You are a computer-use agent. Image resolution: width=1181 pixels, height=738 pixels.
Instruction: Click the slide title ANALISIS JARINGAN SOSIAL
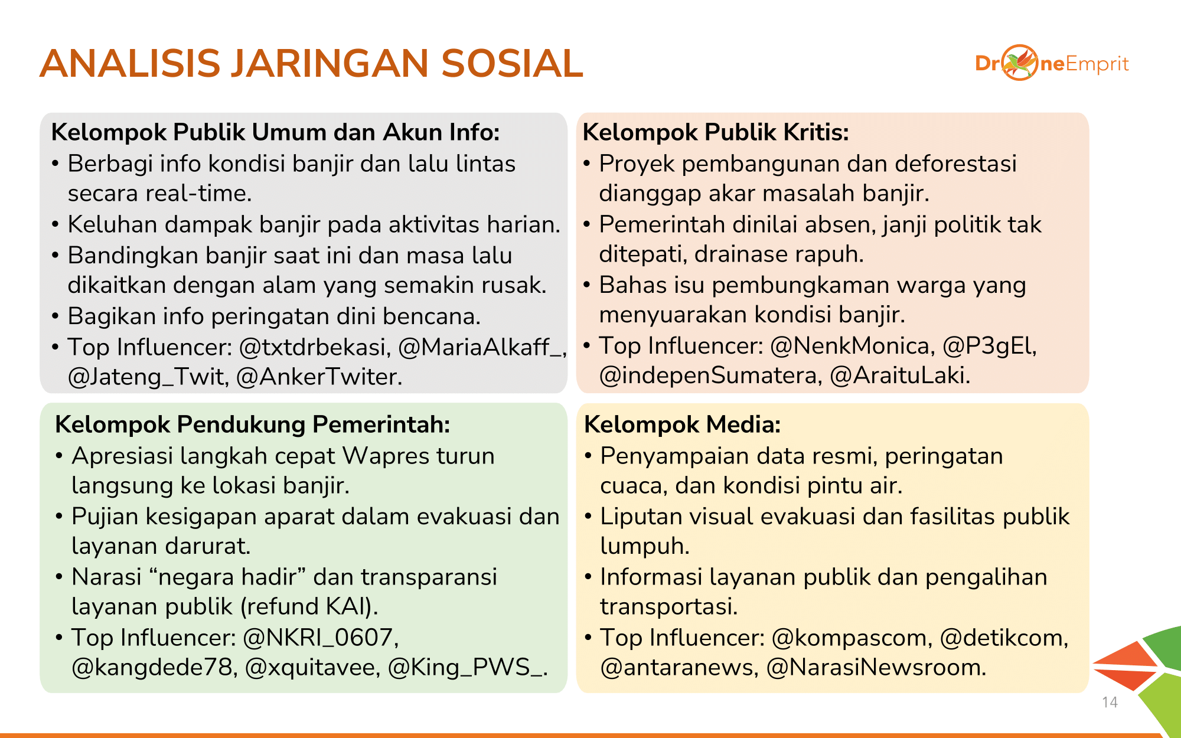point(311,63)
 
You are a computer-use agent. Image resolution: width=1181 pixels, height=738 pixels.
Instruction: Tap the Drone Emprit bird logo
point(1020,63)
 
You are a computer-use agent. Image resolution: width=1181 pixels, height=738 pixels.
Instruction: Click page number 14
point(1110,702)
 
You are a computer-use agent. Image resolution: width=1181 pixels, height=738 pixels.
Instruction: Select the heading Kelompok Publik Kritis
point(716,132)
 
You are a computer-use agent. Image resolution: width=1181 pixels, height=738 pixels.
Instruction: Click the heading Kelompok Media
point(682,424)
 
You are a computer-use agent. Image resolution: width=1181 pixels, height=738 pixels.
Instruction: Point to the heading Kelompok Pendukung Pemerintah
point(252,424)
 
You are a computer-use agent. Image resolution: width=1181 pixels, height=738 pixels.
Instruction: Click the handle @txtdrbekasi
point(315,347)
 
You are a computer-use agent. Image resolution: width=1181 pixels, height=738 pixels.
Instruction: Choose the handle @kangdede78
point(154,667)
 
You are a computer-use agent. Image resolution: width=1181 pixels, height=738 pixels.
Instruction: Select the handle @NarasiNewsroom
point(876,667)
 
